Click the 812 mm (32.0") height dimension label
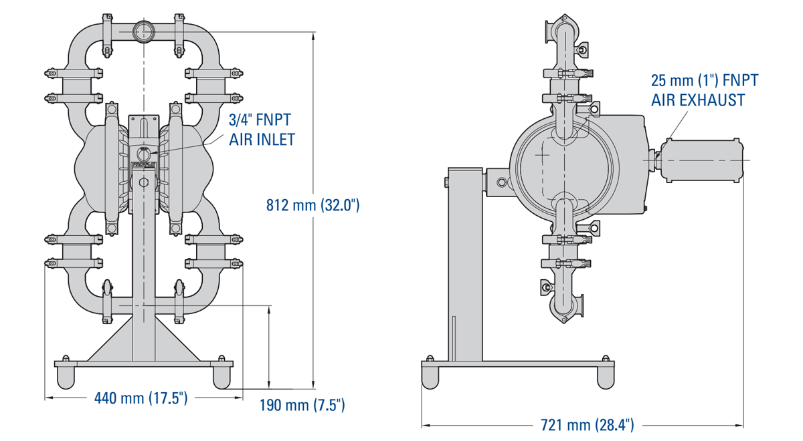[x=313, y=205]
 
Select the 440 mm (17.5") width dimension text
[x=141, y=399]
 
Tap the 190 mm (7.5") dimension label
[x=302, y=405]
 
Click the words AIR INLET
[x=262, y=140]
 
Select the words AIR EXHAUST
[x=698, y=100]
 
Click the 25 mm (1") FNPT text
[x=705, y=81]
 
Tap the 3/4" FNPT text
[x=260, y=121]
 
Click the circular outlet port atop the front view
[x=143, y=31]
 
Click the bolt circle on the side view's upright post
[x=501, y=181]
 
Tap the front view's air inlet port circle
[x=143, y=154]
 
